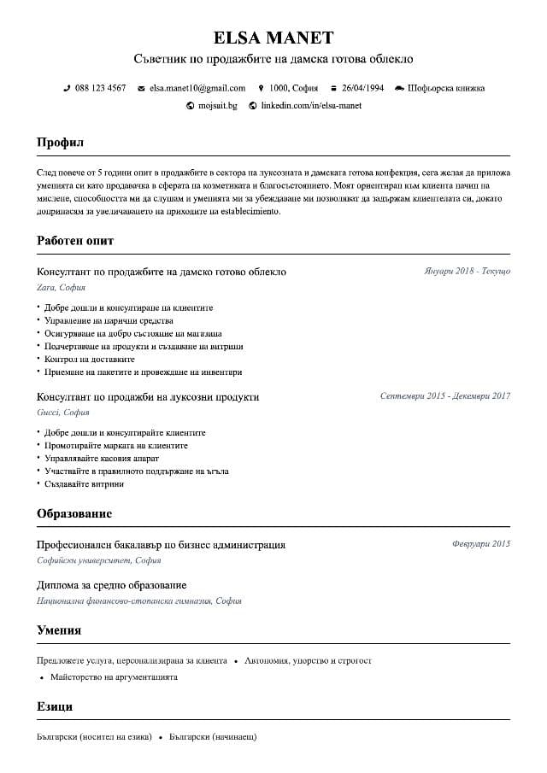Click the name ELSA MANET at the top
point(273,38)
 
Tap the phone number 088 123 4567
point(100,88)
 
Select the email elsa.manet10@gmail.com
point(197,88)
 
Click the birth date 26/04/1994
point(362,88)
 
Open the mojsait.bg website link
point(217,106)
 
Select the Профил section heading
point(60,143)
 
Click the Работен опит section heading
point(75,241)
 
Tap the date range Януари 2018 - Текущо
point(467,272)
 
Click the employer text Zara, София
point(61,288)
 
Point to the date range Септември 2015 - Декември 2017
point(444,396)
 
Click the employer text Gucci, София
point(62,413)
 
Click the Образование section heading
point(74,514)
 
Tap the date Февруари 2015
point(480,544)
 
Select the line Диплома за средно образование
point(112,585)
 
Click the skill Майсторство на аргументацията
point(114,677)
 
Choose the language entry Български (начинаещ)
point(213,736)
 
